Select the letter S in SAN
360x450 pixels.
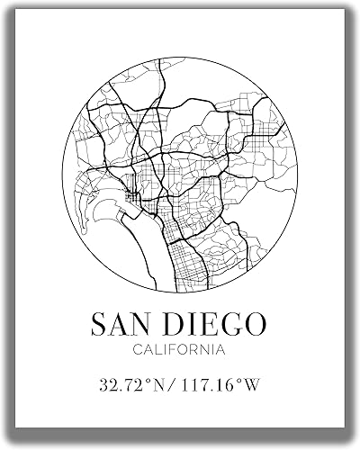102,322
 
